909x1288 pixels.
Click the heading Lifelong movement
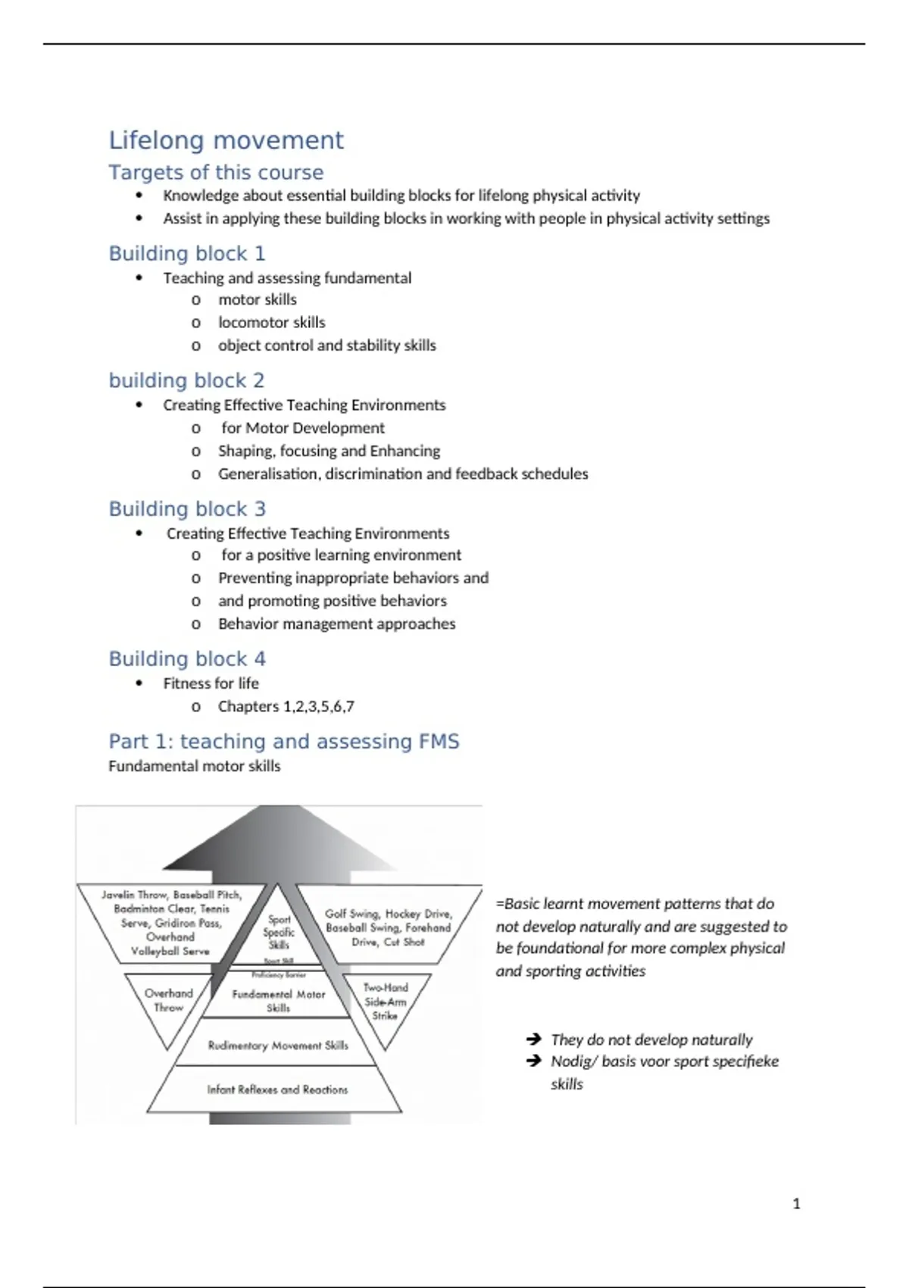(x=226, y=140)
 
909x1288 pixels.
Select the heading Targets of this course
(x=216, y=172)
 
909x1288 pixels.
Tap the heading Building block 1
(x=187, y=253)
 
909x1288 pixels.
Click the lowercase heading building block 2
(x=186, y=380)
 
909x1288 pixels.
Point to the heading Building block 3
(x=187, y=508)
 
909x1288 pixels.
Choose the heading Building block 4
(x=187, y=658)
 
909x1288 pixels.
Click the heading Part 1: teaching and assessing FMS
(x=283, y=741)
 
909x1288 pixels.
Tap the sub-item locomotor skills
(x=271, y=322)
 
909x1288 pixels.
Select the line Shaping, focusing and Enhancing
(x=329, y=451)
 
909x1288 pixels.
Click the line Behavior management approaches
(x=336, y=624)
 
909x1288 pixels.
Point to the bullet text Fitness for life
(x=211, y=683)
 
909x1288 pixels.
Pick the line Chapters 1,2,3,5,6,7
(x=286, y=706)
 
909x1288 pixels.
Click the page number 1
(x=796, y=1203)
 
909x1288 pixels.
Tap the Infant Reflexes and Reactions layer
(x=277, y=1089)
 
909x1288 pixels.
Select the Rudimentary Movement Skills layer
(x=278, y=1046)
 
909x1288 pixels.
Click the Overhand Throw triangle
(x=168, y=1001)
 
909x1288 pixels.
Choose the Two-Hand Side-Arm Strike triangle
(x=385, y=1002)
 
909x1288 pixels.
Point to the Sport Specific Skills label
(x=279, y=932)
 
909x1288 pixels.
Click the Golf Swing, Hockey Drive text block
(x=389, y=927)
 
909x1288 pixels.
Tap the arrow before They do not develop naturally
(x=533, y=1039)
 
